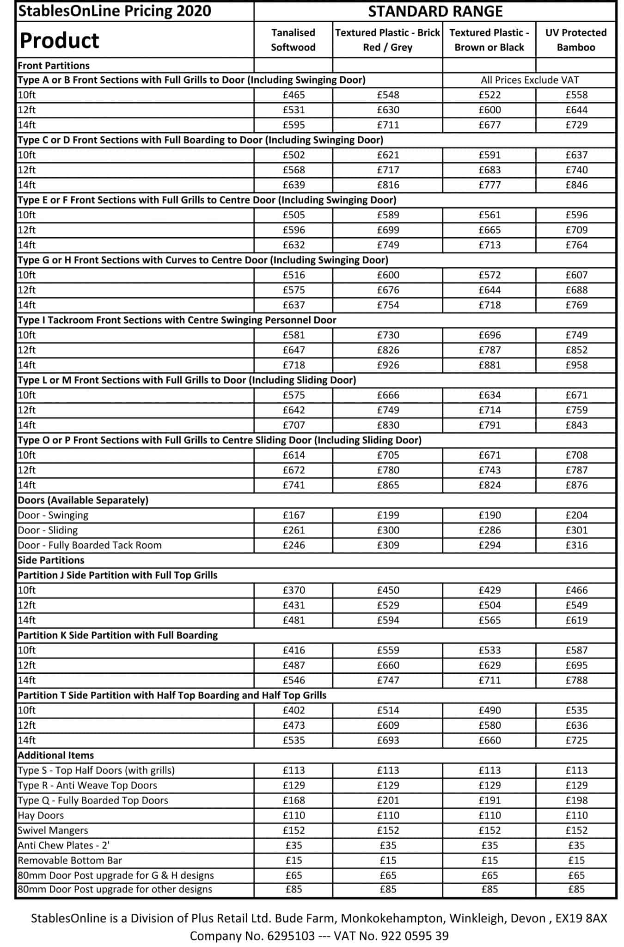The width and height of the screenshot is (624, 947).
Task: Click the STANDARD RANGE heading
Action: point(435,11)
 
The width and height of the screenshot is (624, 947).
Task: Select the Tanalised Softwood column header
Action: point(293,40)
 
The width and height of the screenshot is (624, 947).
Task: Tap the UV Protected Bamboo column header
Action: point(575,40)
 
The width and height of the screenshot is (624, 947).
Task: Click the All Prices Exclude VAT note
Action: point(529,80)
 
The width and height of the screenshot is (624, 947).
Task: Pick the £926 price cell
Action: point(388,365)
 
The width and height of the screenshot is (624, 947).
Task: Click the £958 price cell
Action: point(576,365)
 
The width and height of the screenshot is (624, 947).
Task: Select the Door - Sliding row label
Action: point(48,530)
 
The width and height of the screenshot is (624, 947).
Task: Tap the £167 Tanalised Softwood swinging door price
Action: point(294,515)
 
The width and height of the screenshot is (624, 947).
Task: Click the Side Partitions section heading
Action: point(51,560)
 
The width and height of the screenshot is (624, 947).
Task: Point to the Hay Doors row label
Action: point(41,815)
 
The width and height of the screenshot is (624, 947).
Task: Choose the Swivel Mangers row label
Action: point(53,830)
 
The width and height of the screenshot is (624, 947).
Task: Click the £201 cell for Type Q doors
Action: point(388,800)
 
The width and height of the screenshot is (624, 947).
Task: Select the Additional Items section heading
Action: point(55,755)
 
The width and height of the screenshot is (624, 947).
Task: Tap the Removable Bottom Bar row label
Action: point(70,860)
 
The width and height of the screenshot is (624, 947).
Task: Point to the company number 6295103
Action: point(291,936)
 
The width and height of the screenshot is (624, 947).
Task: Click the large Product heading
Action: point(59,41)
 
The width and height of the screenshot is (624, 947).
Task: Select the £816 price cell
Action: point(388,185)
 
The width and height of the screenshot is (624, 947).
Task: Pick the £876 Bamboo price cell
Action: point(576,485)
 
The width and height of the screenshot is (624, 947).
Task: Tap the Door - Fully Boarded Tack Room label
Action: point(90,545)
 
